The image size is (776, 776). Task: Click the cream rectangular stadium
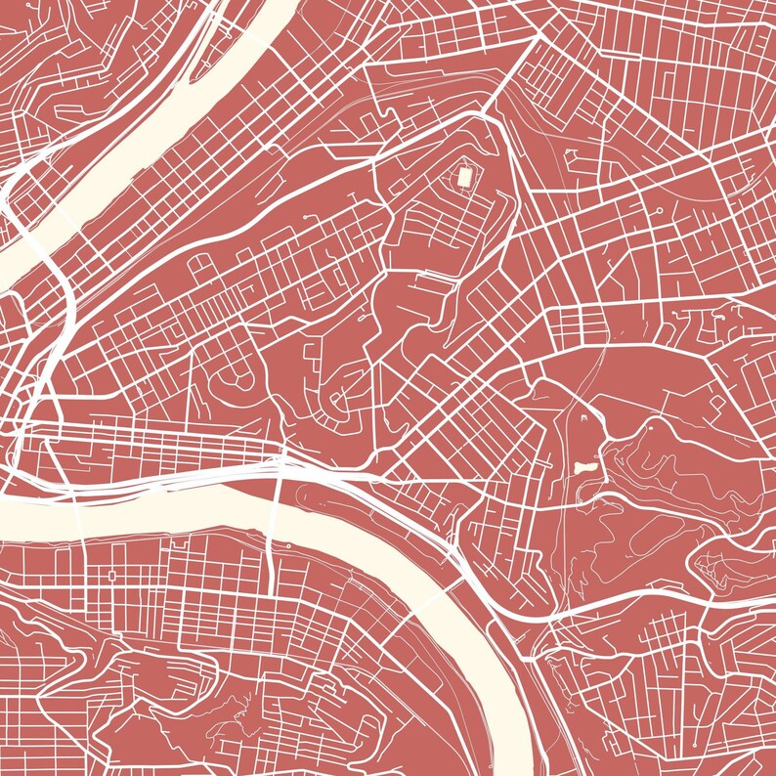[465, 178]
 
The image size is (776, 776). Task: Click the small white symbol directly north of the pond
[583, 417]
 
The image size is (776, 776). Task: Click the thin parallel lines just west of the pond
[566, 469]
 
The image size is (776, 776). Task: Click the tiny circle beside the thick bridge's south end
[289, 544]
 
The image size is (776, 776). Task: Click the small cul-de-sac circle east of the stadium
[660, 210]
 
